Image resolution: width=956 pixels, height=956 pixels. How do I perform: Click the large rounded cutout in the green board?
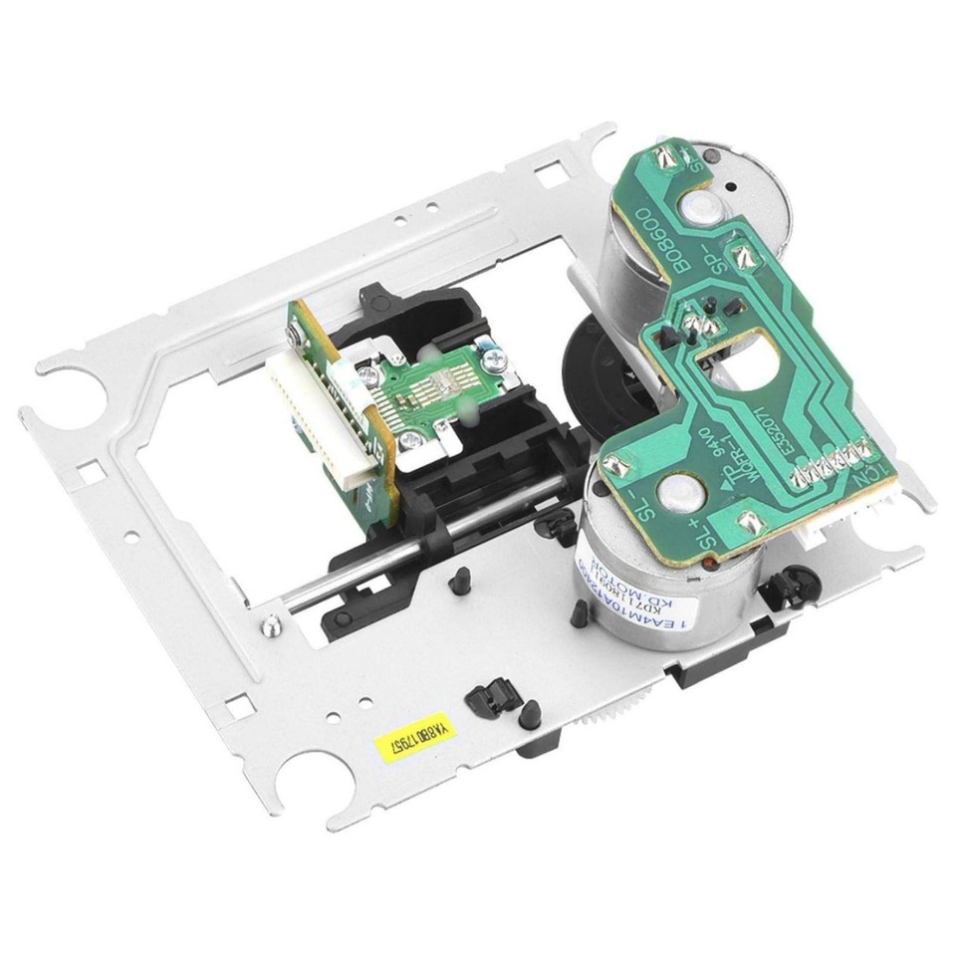pyautogui.click(x=742, y=363)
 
